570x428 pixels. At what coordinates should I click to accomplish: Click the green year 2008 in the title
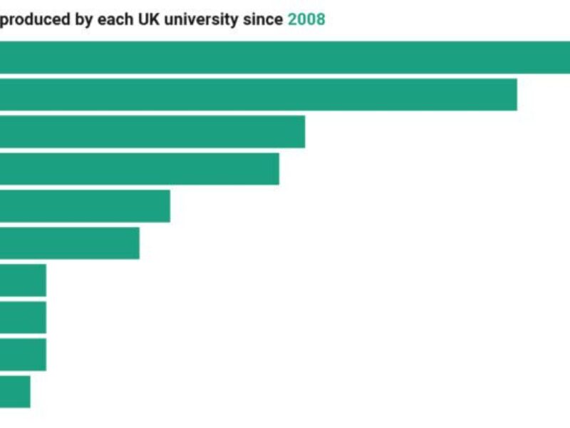tap(306, 19)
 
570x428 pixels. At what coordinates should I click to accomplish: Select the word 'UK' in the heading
tap(150, 19)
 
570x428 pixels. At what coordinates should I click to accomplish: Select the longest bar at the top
tap(285, 57)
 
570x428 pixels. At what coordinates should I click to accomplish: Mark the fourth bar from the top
tap(140, 168)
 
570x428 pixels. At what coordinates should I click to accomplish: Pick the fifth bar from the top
tap(85, 205)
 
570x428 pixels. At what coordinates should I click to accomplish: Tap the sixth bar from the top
tap(70, 243)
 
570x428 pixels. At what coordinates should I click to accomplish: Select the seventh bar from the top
tap(23, 280)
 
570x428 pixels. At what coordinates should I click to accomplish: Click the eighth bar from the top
tap(23, 317)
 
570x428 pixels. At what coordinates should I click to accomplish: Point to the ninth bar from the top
tap(23, 355)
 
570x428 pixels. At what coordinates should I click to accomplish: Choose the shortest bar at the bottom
tap(15, 392)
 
